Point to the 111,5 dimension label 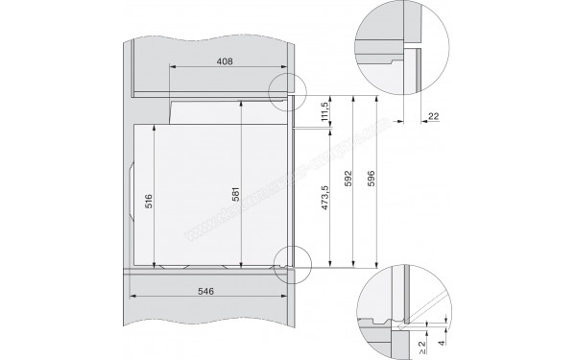(x=325, y=113)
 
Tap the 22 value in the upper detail (x=432, y=115)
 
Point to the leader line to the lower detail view (x=326, y=279)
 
